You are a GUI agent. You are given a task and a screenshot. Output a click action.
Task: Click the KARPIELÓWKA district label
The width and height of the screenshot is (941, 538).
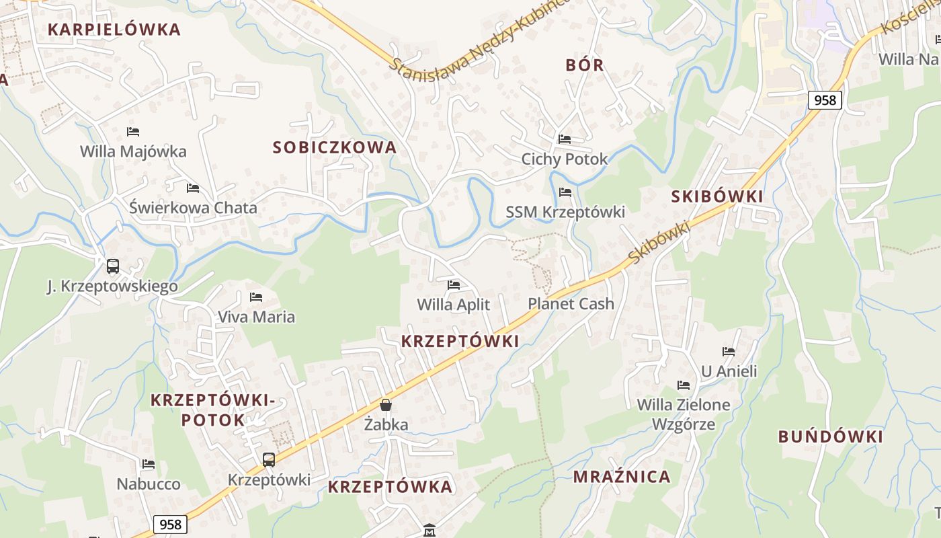pyautogui.click(x=114, y=30)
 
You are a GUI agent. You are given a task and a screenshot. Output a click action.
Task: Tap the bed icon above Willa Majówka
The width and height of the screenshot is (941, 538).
pyautogui.click(x=133, y=132)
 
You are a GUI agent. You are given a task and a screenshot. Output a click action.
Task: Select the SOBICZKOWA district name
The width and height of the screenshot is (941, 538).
pyautogui.click(x=334, y=147)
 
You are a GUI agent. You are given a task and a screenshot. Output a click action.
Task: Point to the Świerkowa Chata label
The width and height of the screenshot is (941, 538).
pyautogui.click(x=193, y=208)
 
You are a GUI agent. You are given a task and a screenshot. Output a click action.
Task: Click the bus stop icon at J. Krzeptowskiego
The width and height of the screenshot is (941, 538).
pyautogui.click(x=113, y=266)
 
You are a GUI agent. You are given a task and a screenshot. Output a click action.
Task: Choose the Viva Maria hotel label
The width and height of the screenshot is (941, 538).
pyautogui.click(x=256, y=317)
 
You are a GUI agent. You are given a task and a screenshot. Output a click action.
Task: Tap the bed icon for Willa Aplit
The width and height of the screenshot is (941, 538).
pyautogui.click(x=454, y=285)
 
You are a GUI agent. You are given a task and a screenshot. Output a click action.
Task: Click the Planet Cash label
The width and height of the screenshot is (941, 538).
pyautogui.click(x=571, y=304)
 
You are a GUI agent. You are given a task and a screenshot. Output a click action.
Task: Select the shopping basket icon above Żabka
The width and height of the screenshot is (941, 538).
pyautogui.click(x=386, y=405)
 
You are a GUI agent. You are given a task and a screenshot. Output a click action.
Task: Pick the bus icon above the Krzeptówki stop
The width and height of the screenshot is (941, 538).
pyautogui.click(x=269, y=460)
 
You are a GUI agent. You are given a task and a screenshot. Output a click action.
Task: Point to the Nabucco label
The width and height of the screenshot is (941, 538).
pyautogui.click(x=149, y=484)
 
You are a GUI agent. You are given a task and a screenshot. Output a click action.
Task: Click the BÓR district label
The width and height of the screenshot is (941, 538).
pyautogui.click(x=585, y=65)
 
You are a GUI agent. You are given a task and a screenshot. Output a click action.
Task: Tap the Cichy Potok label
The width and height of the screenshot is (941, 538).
pyautogui.click(x=565, y=159)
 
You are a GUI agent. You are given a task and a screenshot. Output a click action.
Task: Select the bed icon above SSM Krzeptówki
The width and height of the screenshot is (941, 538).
pyautogui.click(x=565, y=192)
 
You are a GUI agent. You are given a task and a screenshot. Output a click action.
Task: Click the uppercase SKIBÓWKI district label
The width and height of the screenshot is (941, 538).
pyautogui.click(x=717, y=196)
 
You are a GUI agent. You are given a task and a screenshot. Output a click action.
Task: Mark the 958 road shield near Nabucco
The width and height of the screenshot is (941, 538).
pyautogui.click(x=170, y=524)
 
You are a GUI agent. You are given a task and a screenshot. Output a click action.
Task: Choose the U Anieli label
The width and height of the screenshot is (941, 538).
pyautogui.click(x=729, y=371)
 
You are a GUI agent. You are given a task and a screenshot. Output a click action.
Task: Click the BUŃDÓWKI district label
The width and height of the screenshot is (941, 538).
pyautogui.click(x=830, y=436)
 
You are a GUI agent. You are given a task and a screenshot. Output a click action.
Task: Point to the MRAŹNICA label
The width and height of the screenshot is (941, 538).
pyautogui.click(x=622, y=477)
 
